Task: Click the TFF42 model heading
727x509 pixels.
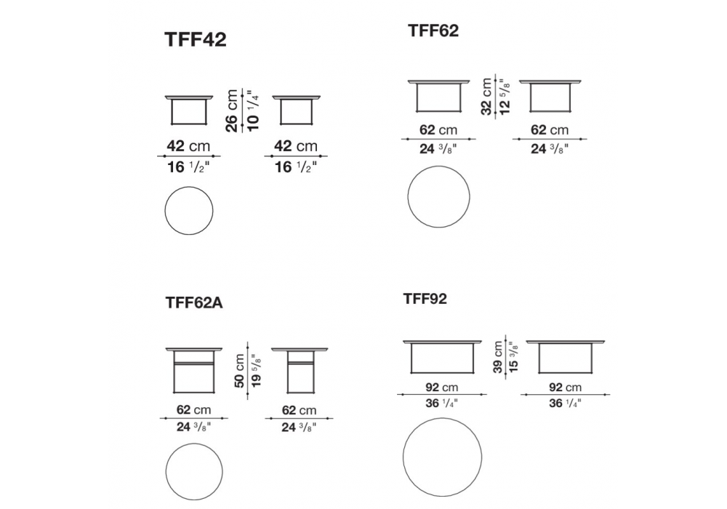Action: pyautogui.click(x=195, y=39)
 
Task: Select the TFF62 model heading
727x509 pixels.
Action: pyautogui.click(x=433, y=31)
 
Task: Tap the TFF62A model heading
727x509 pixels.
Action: pyautogui.click(x=194, y=302)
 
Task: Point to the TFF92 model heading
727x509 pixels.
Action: pyautogui.click(x=425, y=299)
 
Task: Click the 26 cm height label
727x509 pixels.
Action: pyautogui.click(x=231, y=111)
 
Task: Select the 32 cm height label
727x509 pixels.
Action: pyautogui.click(x=486, y=97)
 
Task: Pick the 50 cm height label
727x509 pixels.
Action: pyautogui.click(x=239, y=370)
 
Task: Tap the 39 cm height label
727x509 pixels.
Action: pyautogui.click(x=498, y=357)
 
